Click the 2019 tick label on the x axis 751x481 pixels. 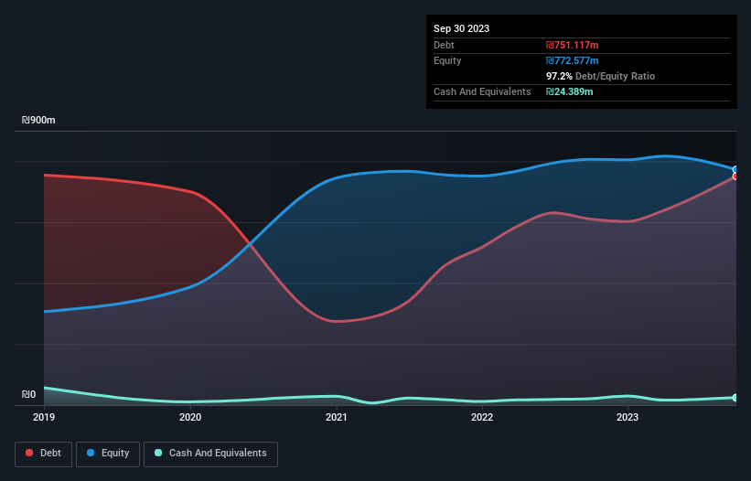point(44,418)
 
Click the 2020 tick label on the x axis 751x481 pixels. point(190,418)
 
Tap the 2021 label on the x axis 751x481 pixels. point(336,418)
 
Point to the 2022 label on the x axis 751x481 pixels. point(482,418)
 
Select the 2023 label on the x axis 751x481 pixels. point(628,418)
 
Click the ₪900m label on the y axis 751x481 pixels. point(38,121)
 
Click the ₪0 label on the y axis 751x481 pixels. point(29,395)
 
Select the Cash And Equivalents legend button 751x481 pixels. point(210,454)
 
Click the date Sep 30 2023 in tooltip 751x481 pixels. point(461,28)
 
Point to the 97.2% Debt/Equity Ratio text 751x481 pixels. point(600,76)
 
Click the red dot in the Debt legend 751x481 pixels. point(30,454)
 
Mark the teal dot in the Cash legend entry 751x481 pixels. point(158,454)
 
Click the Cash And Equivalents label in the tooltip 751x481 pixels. point(482,91)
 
